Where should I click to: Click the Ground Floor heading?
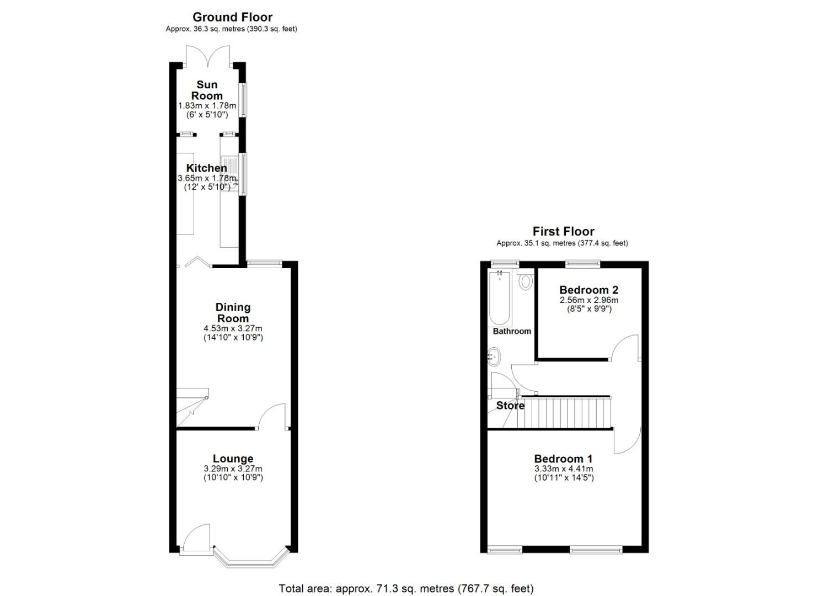pyautogui.click(x=232, y=17)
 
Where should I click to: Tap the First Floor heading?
pyautogui.click(x=563, y=231)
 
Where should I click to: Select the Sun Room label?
pyautogui.click(x=207, y=90)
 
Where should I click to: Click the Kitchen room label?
pyautogui.click(x=206, y=168)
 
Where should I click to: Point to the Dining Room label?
pyautogui.click(x=233, y=312)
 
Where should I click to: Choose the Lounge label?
pyautogui.click(x=233, y=459)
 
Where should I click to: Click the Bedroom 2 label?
pyautogui.click(x=588, y=290)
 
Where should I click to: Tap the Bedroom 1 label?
pyautogui.click(x=563, y=459)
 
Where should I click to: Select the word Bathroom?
pyautogui.click(x=512, y=331)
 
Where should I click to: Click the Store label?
pyautogui.click(x=510, y=406)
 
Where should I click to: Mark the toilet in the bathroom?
pyautogui.click(x=526, y=281)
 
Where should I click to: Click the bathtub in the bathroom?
pyautogui.click(x=500, y=298)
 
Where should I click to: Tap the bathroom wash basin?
pyautogui.click(x=494, y=356)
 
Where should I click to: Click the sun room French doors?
pyautogui.click(x=207, y=55)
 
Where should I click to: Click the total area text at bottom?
pyautogui.click(x=406, y=588)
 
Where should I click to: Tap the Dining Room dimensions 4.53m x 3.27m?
pyautogui.click(x=233, y=328)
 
